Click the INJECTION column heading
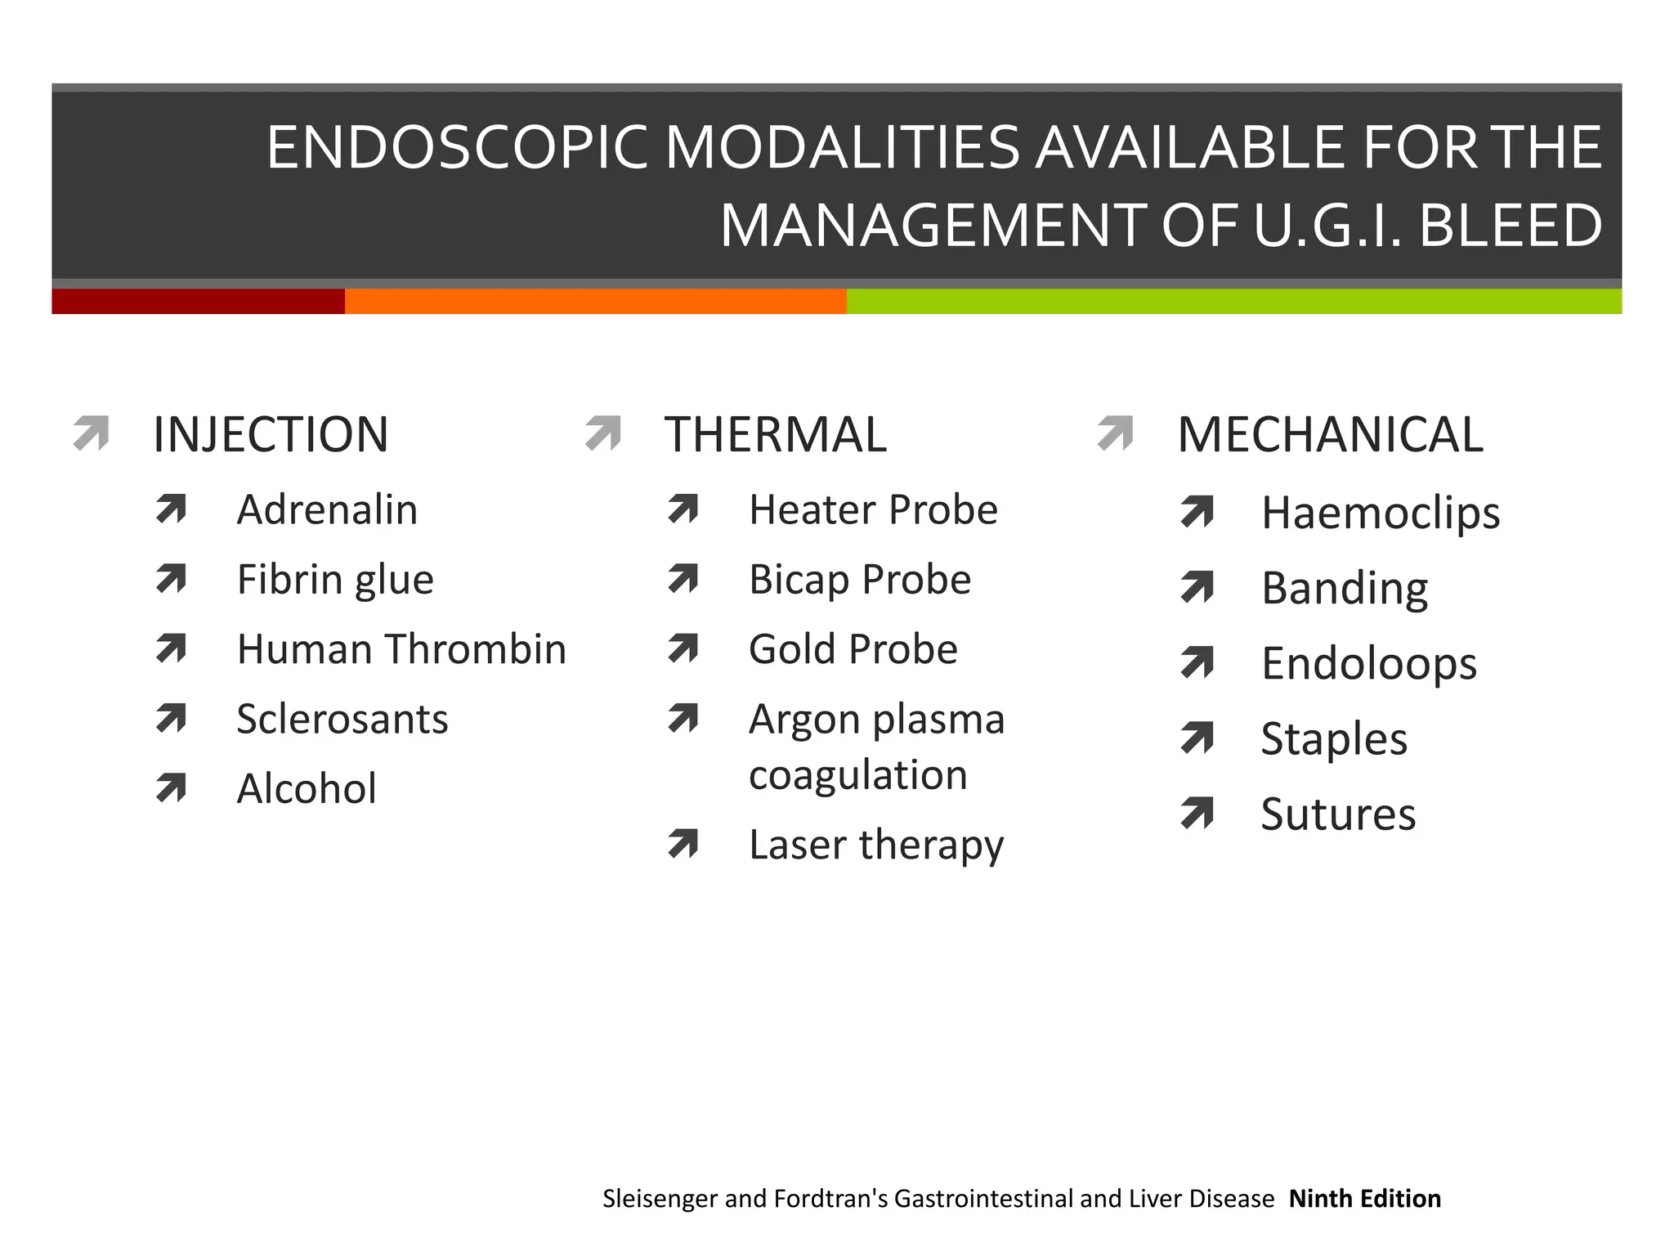pos(271,434)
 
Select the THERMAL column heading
pos(775,434)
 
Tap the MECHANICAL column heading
pos(1330,434)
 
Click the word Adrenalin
pos(327,510)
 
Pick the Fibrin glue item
pos(335,580)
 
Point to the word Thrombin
pos(476,649)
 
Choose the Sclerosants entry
pos(342,720)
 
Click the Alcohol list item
pos(307,789)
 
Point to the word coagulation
pos(858,775)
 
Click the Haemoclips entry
pos(1381,514)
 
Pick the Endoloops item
pos(1369,663)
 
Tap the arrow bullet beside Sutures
pos(1197,813)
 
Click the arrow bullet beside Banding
pos(1197,587)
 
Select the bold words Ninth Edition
pos(1365,1199)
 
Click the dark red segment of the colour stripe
pos(198,301)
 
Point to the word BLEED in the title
pos(1511,226)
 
